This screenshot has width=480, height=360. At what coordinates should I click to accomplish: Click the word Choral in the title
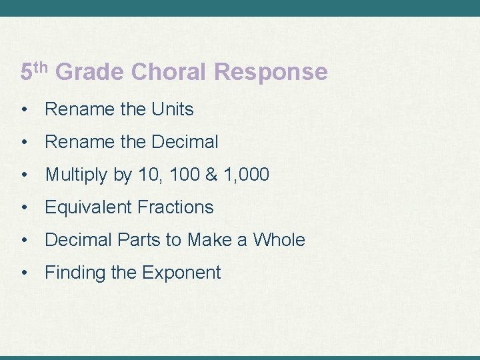point(171,71)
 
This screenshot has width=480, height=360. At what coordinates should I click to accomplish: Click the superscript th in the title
point(42,65)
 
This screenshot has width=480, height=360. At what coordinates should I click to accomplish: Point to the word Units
point(172,109)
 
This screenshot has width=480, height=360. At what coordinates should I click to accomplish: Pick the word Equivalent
point(89,207)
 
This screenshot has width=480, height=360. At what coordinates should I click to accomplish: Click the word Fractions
point(175,207)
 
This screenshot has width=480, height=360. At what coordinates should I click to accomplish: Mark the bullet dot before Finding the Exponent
point(25,273)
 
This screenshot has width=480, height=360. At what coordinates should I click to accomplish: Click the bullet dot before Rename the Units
point(25,109)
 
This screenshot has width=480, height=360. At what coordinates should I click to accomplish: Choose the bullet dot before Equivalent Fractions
point(25,207)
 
